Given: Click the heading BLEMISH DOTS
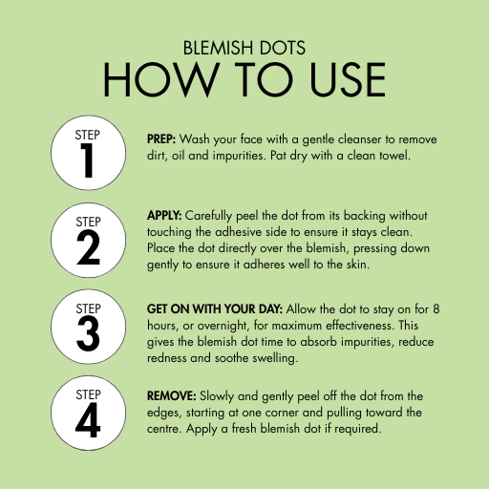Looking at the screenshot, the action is (x=244, y=48).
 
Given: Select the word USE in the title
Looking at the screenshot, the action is (x=348, y=79).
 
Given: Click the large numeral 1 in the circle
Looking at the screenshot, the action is (x=87, y=160).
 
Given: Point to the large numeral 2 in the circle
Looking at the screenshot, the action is (x=88, y=247).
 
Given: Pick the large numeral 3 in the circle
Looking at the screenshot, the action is (x=88, y=334).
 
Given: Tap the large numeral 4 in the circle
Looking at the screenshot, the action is (x=88, y=420).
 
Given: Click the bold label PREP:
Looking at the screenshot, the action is (x=161, y=139).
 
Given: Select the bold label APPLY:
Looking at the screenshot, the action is (x=164, y=216).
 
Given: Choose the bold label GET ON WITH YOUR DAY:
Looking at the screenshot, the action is (x=215, y=309).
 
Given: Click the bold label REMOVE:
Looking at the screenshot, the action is (x=171, y=396).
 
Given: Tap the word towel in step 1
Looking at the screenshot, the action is (x=394, y=156).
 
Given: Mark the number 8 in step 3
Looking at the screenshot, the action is (x=436, y=309).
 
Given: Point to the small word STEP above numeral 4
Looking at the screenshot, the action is (x=88, y=394).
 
